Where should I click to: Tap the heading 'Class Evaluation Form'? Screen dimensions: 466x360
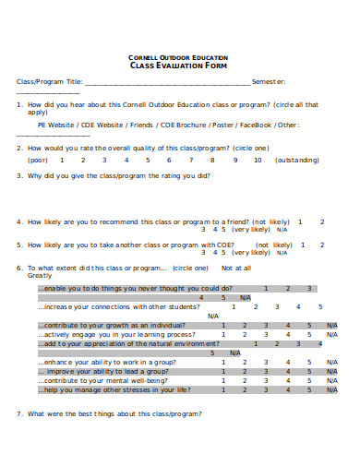179,66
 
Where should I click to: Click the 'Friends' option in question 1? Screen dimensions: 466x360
138,123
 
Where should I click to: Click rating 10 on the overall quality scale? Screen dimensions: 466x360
258,160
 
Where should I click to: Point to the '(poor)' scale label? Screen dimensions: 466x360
38,160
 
